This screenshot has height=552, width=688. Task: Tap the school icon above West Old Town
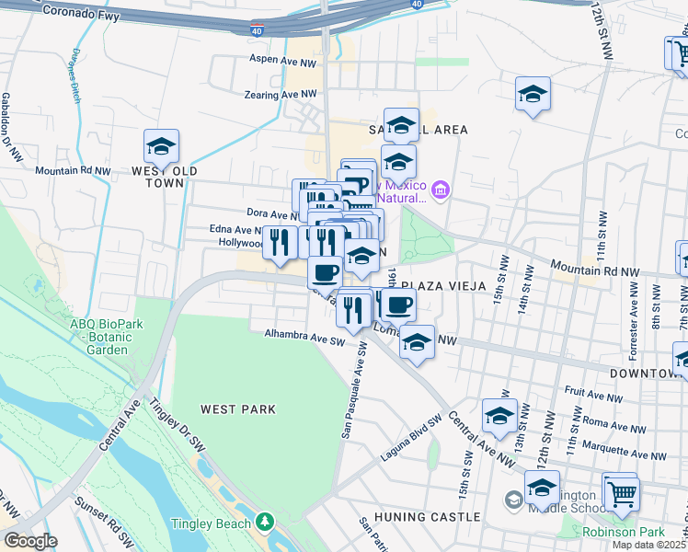click(161, 146)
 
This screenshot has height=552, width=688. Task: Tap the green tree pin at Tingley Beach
click(266, 522)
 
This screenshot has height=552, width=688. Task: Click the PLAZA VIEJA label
click(443, 285)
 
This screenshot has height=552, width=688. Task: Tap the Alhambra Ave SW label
click(304, 339)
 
